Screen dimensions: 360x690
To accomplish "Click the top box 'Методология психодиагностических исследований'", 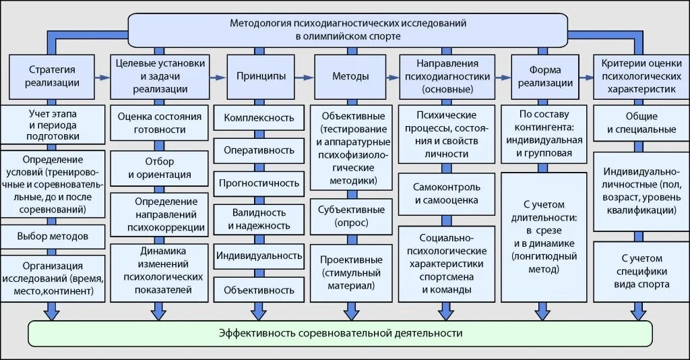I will pos(348,29).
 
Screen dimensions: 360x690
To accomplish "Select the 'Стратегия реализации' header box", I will pos(52,76).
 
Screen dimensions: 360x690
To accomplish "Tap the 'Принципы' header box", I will pos(255,76).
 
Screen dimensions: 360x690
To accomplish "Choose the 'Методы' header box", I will pos(350,76).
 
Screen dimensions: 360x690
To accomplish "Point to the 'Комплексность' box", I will pos(255,118).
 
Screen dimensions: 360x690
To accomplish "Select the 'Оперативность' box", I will pos(255,150).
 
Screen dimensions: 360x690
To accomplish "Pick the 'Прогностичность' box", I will pos(255,183).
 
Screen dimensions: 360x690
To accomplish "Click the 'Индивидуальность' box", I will pos(255,255).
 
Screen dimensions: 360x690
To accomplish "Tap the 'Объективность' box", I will pos(255,290).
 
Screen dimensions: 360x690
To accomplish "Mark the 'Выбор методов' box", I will pos(53,236).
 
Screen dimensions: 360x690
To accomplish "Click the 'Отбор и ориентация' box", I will pos(160,169).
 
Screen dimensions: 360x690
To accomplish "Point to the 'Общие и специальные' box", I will pos(637,122).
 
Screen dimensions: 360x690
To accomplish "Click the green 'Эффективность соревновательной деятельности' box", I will pos(341,333).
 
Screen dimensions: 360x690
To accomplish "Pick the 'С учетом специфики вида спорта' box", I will pos(637,271).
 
